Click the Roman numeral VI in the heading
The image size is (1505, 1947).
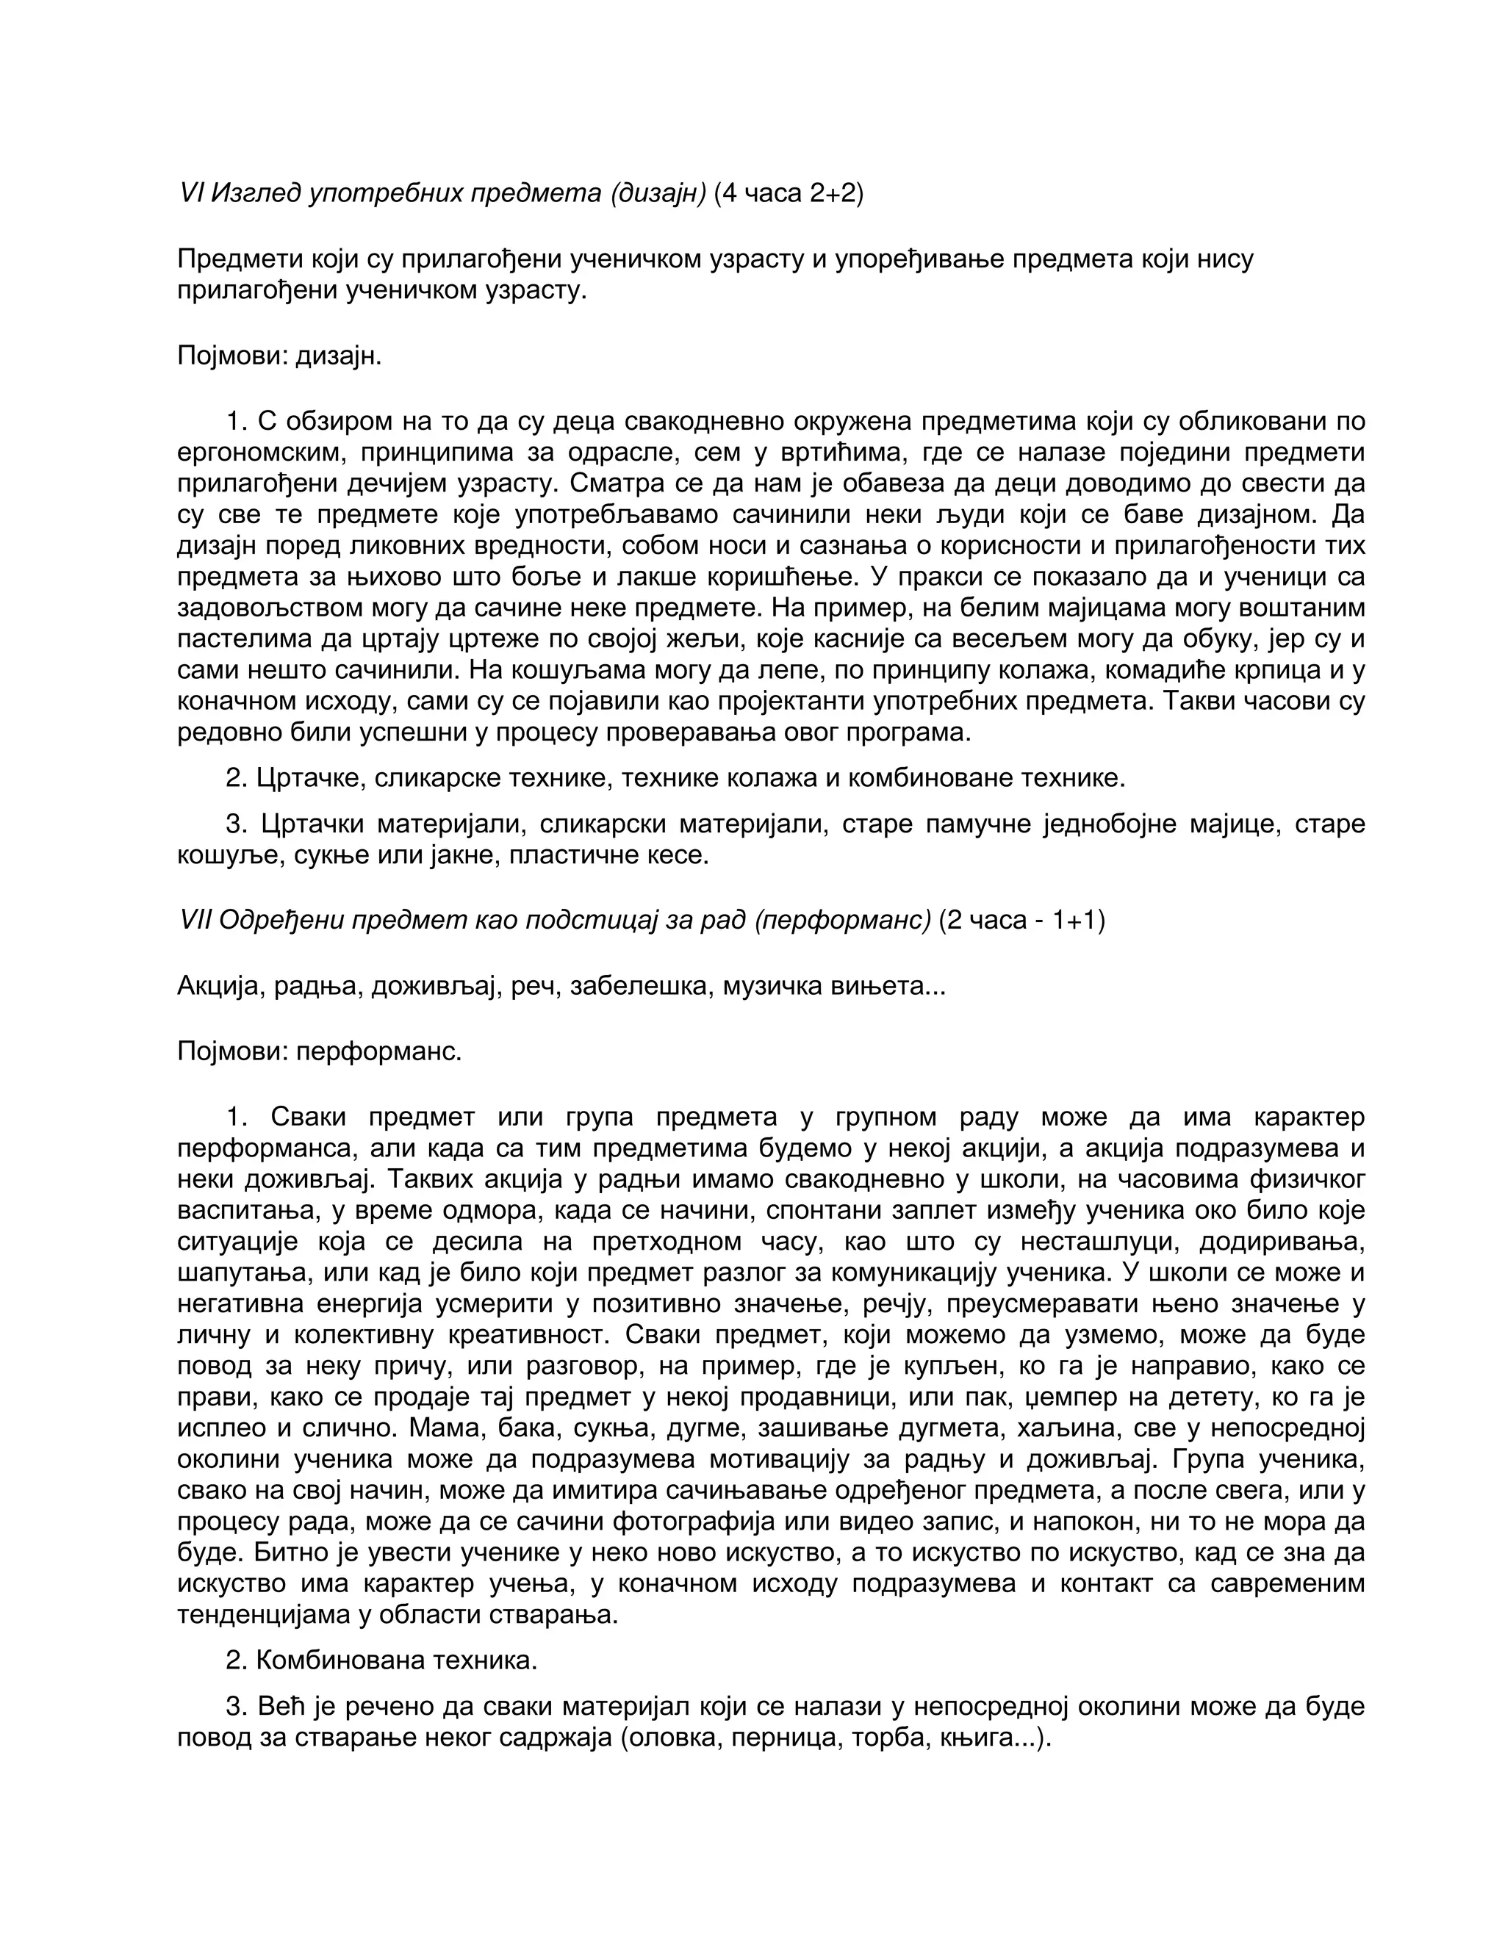(192, 192)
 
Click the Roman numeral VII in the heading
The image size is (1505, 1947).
(195, 919)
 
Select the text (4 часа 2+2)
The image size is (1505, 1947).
(789, 192)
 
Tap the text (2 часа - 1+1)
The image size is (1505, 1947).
(1021, 919)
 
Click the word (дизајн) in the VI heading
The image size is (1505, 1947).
(657, 192)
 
